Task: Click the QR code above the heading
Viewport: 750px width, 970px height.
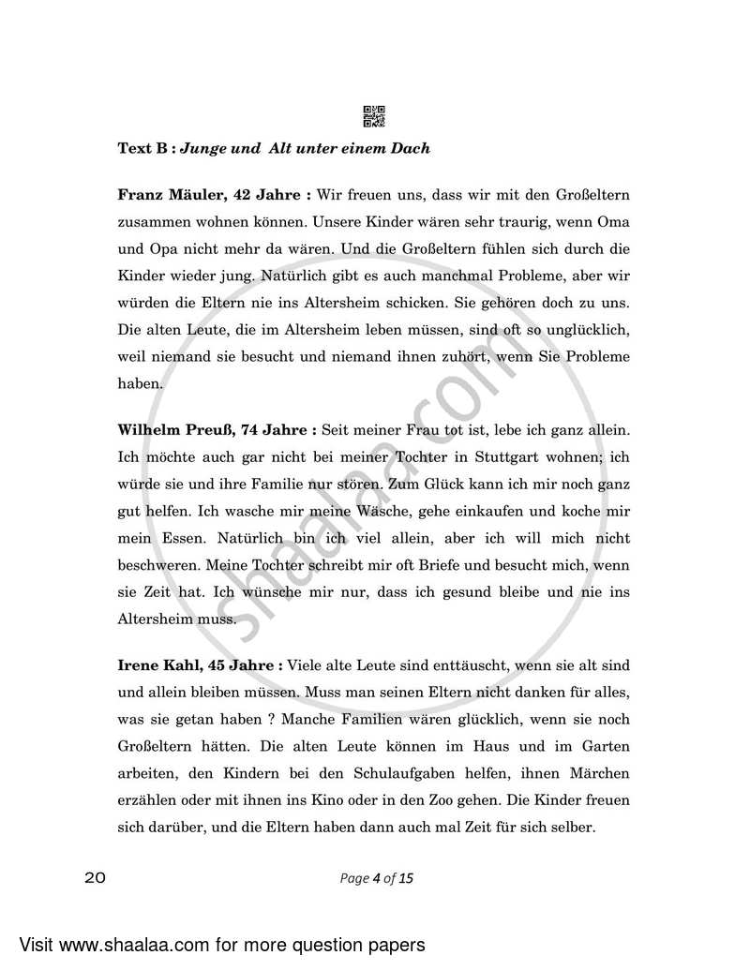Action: pos(373,116)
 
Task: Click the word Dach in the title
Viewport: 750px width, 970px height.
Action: pos(412,148)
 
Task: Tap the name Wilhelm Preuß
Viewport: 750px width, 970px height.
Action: pos(172,430)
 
